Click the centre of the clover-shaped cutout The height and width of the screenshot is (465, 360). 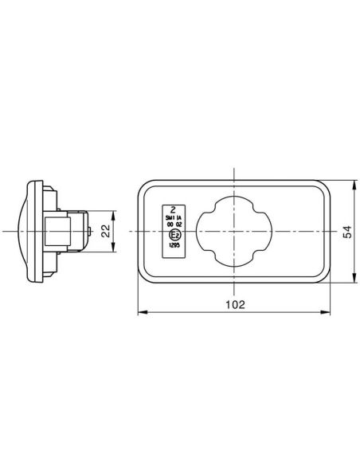click(x=234, y=230)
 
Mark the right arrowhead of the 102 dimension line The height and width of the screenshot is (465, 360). click(x=330, y=312)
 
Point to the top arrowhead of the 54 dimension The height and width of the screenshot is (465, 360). click(x=354, y=184)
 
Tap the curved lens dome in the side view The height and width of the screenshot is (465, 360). click(x=22, y=230)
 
